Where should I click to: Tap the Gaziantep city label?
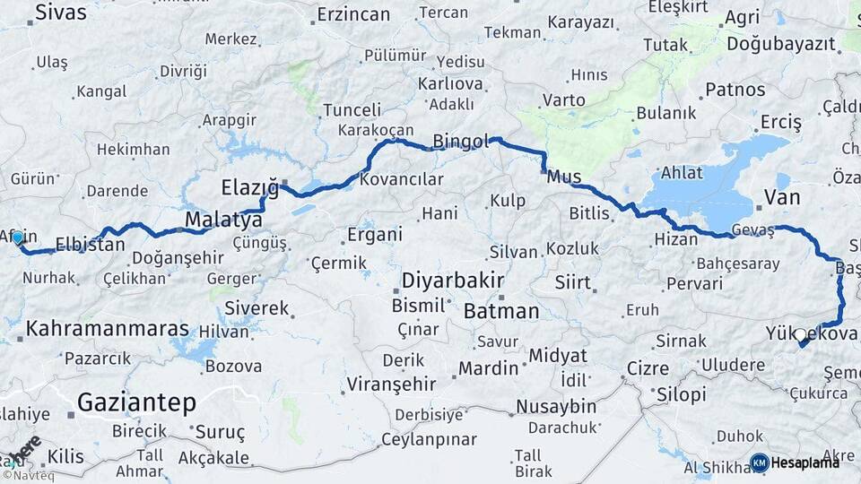[136, 403]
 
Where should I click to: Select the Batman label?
[501, 312]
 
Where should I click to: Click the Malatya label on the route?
[223, 220]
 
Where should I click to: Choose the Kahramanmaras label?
[108, 329]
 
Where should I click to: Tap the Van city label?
[781, 196]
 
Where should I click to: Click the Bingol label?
[461, 142]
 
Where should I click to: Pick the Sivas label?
[61, 13]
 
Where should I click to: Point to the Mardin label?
[488, 367]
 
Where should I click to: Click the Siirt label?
[572, 282]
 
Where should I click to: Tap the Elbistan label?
[90, 244]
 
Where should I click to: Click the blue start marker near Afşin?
[17, 238]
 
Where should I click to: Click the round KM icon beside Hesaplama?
[760, 462]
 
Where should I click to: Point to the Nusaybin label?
[556, 406]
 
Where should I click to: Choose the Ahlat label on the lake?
[680, 173]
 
